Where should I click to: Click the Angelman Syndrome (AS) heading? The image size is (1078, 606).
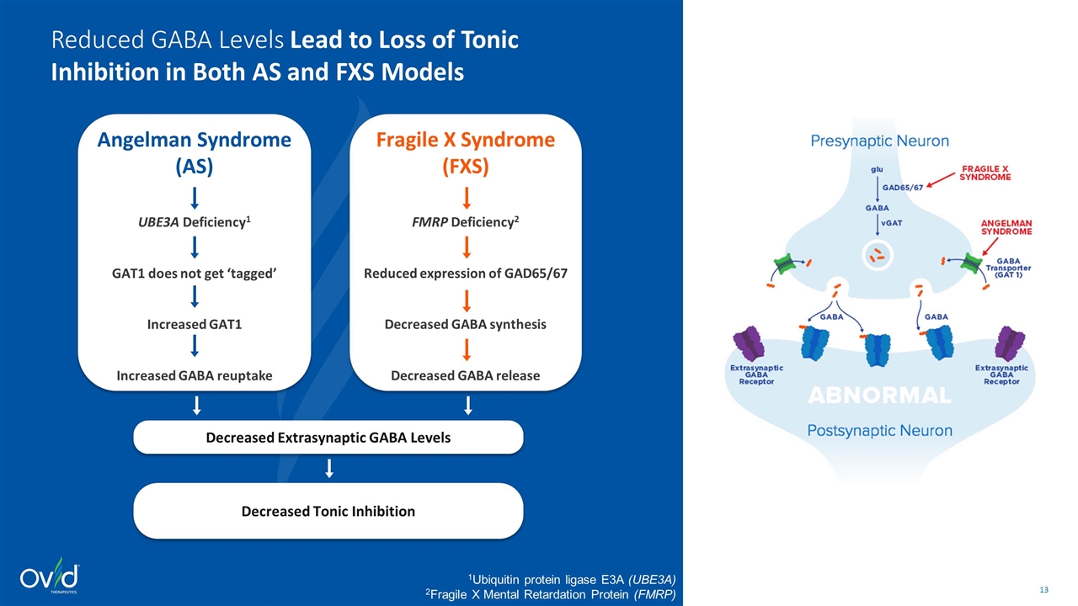[x=195, y=152]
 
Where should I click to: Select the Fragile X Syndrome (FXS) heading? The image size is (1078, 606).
[x=466, y=152]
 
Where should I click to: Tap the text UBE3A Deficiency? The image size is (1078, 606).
[x=195, y=222]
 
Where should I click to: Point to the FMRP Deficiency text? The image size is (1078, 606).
[x=466, y=222]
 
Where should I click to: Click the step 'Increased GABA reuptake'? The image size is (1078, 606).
[x=195, y=375]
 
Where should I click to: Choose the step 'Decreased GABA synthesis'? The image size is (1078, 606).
[x=466, y=324]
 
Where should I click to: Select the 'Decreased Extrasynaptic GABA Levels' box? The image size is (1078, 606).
[x=328, y=437]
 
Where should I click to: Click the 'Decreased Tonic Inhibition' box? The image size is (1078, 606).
[x=328, y=511]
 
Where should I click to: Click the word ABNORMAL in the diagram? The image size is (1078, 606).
[x=880, y=395]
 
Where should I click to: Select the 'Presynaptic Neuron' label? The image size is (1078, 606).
[x=879, y=141]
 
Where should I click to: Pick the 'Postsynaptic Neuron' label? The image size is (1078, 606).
[x=880, y=431]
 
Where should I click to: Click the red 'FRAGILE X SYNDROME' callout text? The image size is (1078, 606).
[x=985, y=173]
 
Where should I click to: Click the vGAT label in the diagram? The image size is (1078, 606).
[x=892, y=221]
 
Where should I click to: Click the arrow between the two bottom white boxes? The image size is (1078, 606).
[x=329, y=468]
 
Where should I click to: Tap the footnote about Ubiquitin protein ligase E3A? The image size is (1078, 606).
[x=572, y=579]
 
